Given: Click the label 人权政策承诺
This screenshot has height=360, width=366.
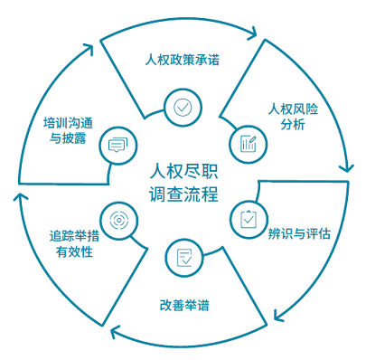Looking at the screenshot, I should pyautogui.click(x=183, y=61).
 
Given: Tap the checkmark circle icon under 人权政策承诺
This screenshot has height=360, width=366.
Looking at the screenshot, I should pyautogui.click(x=183, y=107).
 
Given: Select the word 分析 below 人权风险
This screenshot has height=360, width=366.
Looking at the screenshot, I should pyautogui.click(x=294, y=125).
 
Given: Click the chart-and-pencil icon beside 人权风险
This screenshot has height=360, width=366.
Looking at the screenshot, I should pyautogui.click(x=249, y=143).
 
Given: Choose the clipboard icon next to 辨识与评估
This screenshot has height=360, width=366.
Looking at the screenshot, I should pyautogui.click(x=248, y=218).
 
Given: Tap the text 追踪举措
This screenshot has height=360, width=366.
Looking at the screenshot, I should pyautogui.click(x=73, y=236).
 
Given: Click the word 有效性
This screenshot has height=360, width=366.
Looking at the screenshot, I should pyautogui.click(x=74, y=252).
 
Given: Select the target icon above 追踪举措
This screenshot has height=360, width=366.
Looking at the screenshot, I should pyautogui.click(x=117, y=218).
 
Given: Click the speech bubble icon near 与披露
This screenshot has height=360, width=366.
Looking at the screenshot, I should pyautogui.click(x=117, y=144).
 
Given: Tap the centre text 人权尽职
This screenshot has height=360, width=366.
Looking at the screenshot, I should pyautogui.click(x=183, y=170).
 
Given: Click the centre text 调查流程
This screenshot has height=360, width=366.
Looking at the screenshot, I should pyautogui.click(x=183, y=194).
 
